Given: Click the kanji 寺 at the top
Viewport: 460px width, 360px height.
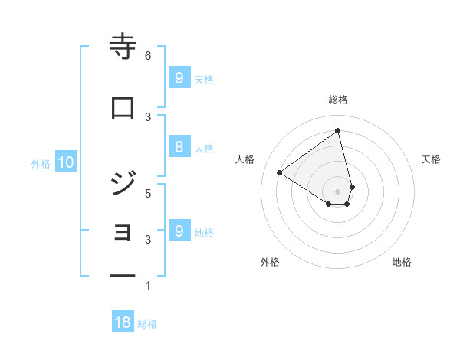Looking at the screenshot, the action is tap(123, 47).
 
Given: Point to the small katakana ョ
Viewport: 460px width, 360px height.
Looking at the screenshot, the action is tap(123, 232).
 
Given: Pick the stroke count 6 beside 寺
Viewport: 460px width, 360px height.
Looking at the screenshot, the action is tap(148, 55).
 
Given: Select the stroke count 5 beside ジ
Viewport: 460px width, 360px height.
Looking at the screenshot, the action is tap(148, 193).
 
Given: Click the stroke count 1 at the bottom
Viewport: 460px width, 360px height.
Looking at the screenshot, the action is tap(148, 286).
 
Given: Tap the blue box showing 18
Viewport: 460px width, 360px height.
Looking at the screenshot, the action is tap(123, 322).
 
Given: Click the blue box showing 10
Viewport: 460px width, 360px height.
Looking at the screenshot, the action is tap(65, 162).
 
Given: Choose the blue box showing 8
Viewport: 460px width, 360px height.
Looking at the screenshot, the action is tap(179, 147).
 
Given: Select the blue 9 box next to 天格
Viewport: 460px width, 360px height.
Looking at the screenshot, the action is tap(179, 77).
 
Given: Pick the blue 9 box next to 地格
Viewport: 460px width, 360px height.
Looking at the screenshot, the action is tap(179, 231).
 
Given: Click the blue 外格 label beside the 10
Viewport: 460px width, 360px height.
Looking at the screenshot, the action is tap(41, 163).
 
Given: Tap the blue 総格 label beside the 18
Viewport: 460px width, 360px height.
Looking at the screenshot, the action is tap(147, 324).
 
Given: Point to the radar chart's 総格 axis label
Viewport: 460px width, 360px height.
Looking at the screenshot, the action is tap(338, 100).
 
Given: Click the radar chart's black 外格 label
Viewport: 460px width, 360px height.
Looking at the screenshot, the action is tap(270, 262).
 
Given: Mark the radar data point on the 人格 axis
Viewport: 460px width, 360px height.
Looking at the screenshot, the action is tap(280, 173).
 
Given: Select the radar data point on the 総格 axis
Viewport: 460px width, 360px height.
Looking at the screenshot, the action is tap(338, 130).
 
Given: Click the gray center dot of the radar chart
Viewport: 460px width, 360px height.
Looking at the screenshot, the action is tap(338, 191).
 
